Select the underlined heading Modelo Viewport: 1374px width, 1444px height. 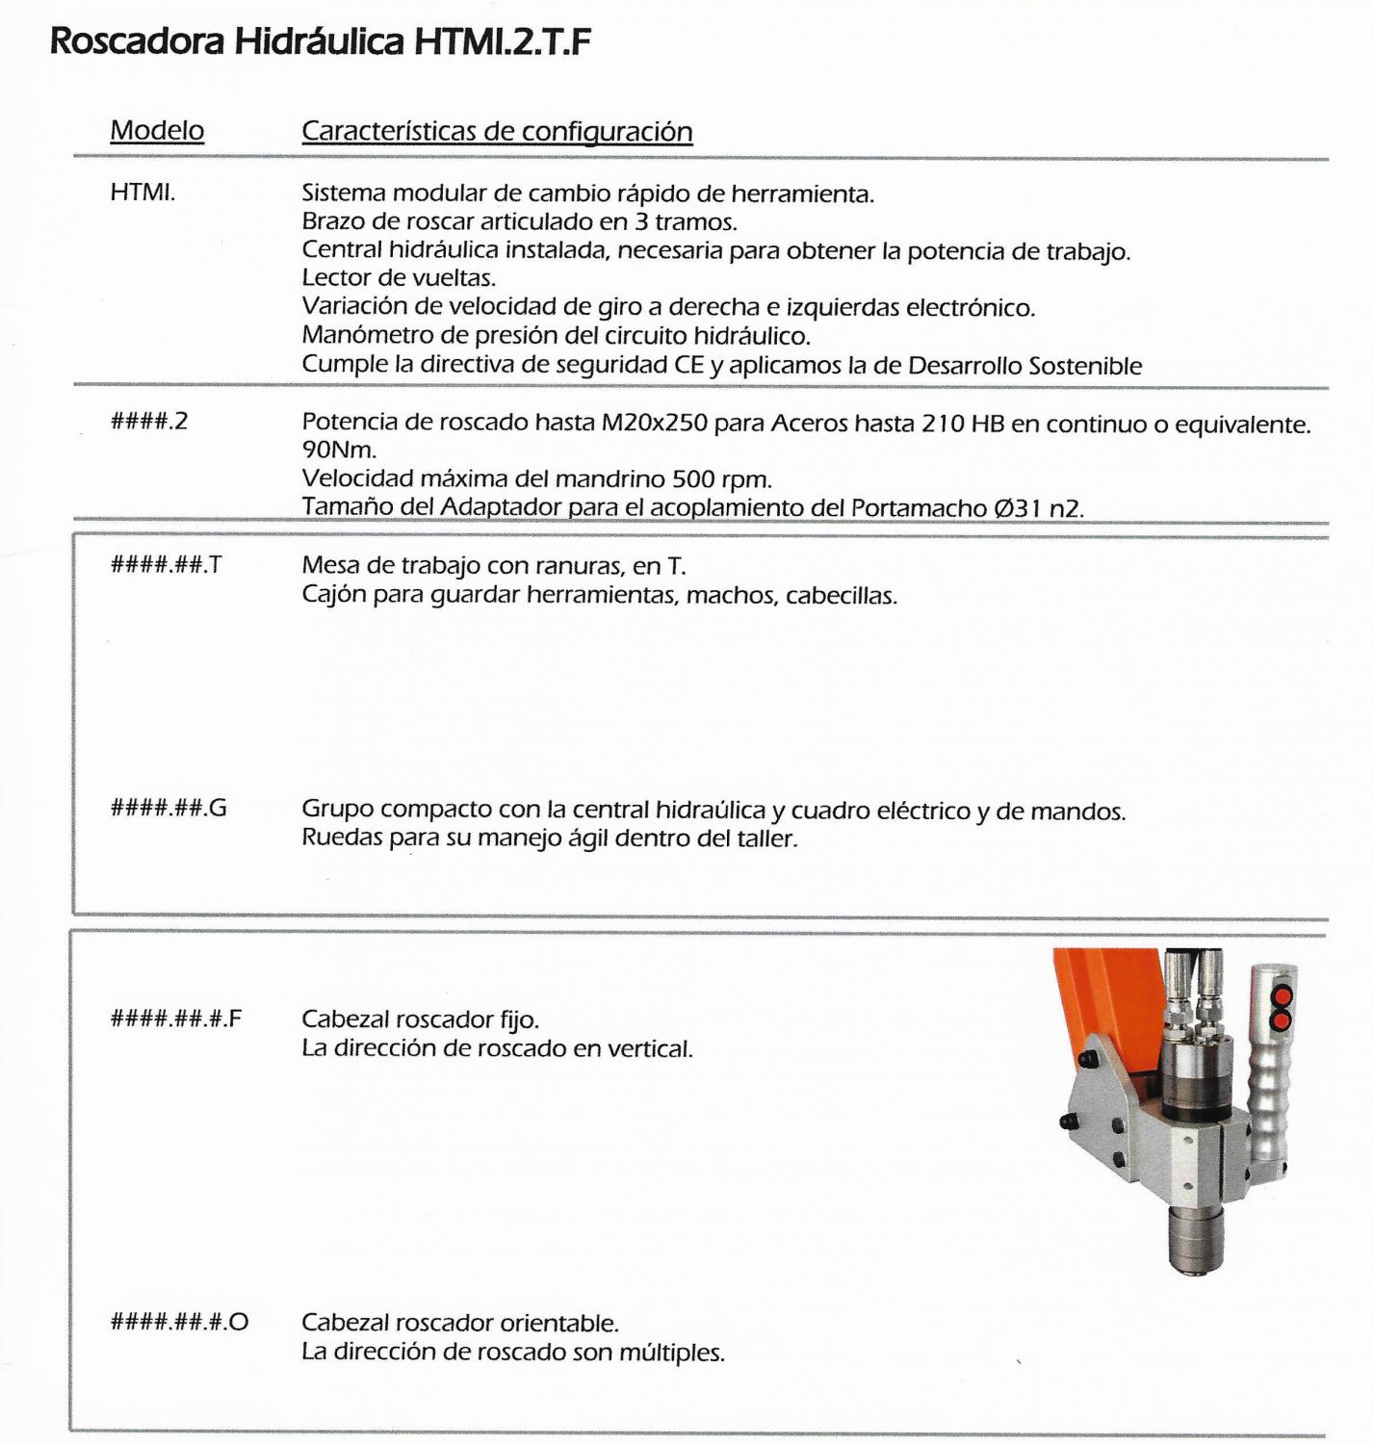157,130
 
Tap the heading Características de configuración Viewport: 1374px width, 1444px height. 497,131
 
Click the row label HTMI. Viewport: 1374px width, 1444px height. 143,193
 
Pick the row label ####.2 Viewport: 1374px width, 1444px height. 149,422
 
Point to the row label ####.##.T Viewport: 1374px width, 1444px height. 166,565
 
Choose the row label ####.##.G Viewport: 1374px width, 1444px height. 169,808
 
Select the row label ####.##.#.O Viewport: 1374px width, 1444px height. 179,1322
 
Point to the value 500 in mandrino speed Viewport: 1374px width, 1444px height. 693,478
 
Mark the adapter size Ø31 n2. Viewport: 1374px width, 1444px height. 1039,507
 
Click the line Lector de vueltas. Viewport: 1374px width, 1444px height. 399,278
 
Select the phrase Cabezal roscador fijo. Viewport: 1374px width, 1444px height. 420,1019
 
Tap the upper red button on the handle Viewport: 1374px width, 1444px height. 1281,994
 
